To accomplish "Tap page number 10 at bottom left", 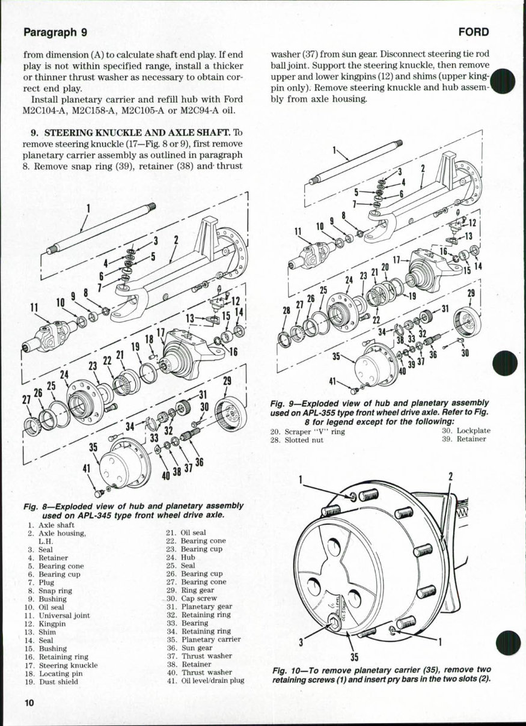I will point(29,703).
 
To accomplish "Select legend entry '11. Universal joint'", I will point(52,615).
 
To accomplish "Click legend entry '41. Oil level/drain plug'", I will point(204,681).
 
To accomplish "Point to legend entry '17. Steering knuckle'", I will point(61,665).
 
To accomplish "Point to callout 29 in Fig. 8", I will point(227,381).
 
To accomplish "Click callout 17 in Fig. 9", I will point(396,261).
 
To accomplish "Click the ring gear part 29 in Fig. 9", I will point(466,322).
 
